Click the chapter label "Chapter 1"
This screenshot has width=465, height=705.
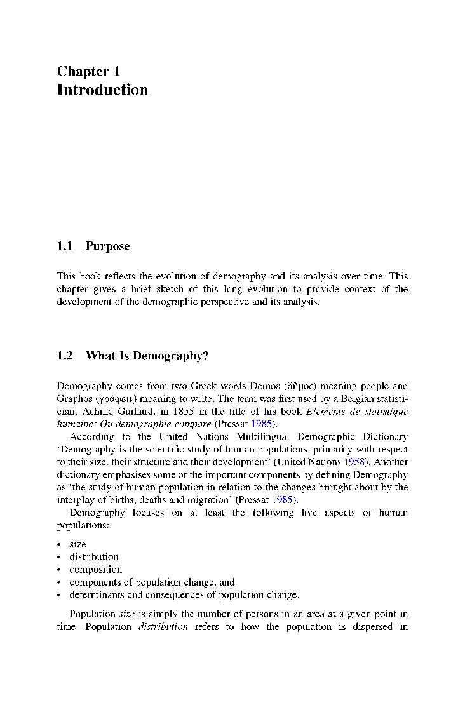pos(88,71)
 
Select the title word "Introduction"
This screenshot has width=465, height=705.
pos(102,90)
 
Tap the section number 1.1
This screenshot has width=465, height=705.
pos(65,246)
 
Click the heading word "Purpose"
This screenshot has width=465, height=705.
pos(107,246)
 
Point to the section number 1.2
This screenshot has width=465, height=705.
pos(65,356)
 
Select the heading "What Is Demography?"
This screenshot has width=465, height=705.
pos(147,356)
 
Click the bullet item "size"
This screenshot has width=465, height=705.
pos(77,544)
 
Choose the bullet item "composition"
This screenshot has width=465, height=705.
pos(95,570)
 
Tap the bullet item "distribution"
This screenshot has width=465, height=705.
pos(94,557)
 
